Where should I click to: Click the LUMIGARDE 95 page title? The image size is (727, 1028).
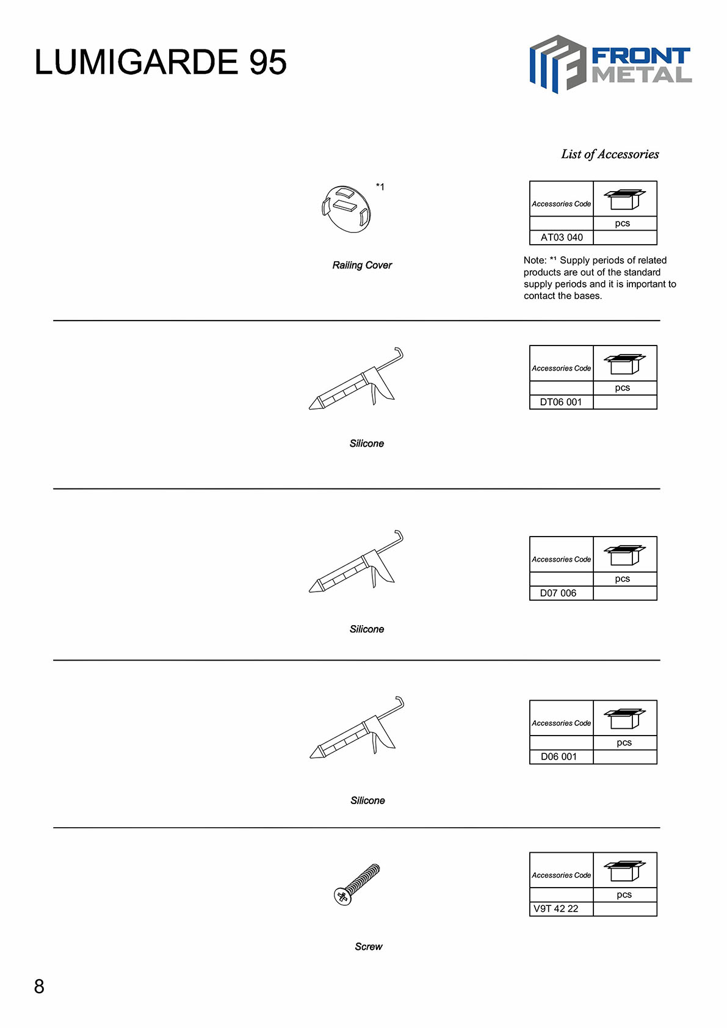tap(160, 62)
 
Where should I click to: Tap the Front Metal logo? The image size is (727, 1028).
tap(610, 64)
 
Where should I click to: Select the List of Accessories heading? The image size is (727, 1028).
tap(610, 154)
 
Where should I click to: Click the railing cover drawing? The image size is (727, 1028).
tap(346, 209)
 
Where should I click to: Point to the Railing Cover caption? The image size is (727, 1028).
tap(362, 265)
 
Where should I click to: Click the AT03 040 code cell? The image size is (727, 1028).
tap(562, 237)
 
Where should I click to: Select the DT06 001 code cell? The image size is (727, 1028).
tap(561, 402)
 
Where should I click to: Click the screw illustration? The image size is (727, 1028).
tap(357, 884)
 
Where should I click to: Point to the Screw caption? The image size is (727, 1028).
tap(368, 947)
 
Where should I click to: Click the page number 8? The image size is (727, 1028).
tap(39, 986)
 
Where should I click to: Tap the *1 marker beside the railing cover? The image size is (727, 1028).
tap(380, 187)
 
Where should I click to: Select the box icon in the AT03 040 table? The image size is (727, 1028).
tap(624, 199)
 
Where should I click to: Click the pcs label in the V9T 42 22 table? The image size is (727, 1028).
tap(624, 895)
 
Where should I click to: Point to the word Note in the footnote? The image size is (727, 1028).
tap(535, 261)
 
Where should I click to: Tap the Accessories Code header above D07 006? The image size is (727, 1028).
tap(561, 560)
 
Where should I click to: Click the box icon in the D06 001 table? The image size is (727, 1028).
tap(624, 718)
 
